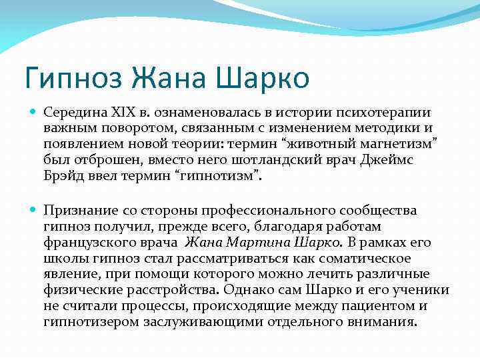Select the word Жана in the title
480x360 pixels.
[x=169, y=78]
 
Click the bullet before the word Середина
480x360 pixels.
[x=34, y=113]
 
